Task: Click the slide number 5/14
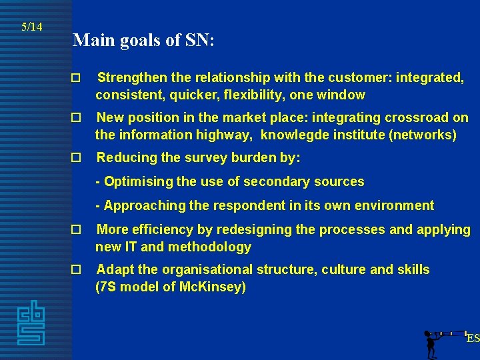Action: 32,27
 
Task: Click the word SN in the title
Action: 197,40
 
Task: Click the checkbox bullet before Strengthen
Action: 76,78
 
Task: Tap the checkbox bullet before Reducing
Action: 76,158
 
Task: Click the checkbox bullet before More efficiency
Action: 76,230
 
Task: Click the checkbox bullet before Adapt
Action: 76,270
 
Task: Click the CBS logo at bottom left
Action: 31,323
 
